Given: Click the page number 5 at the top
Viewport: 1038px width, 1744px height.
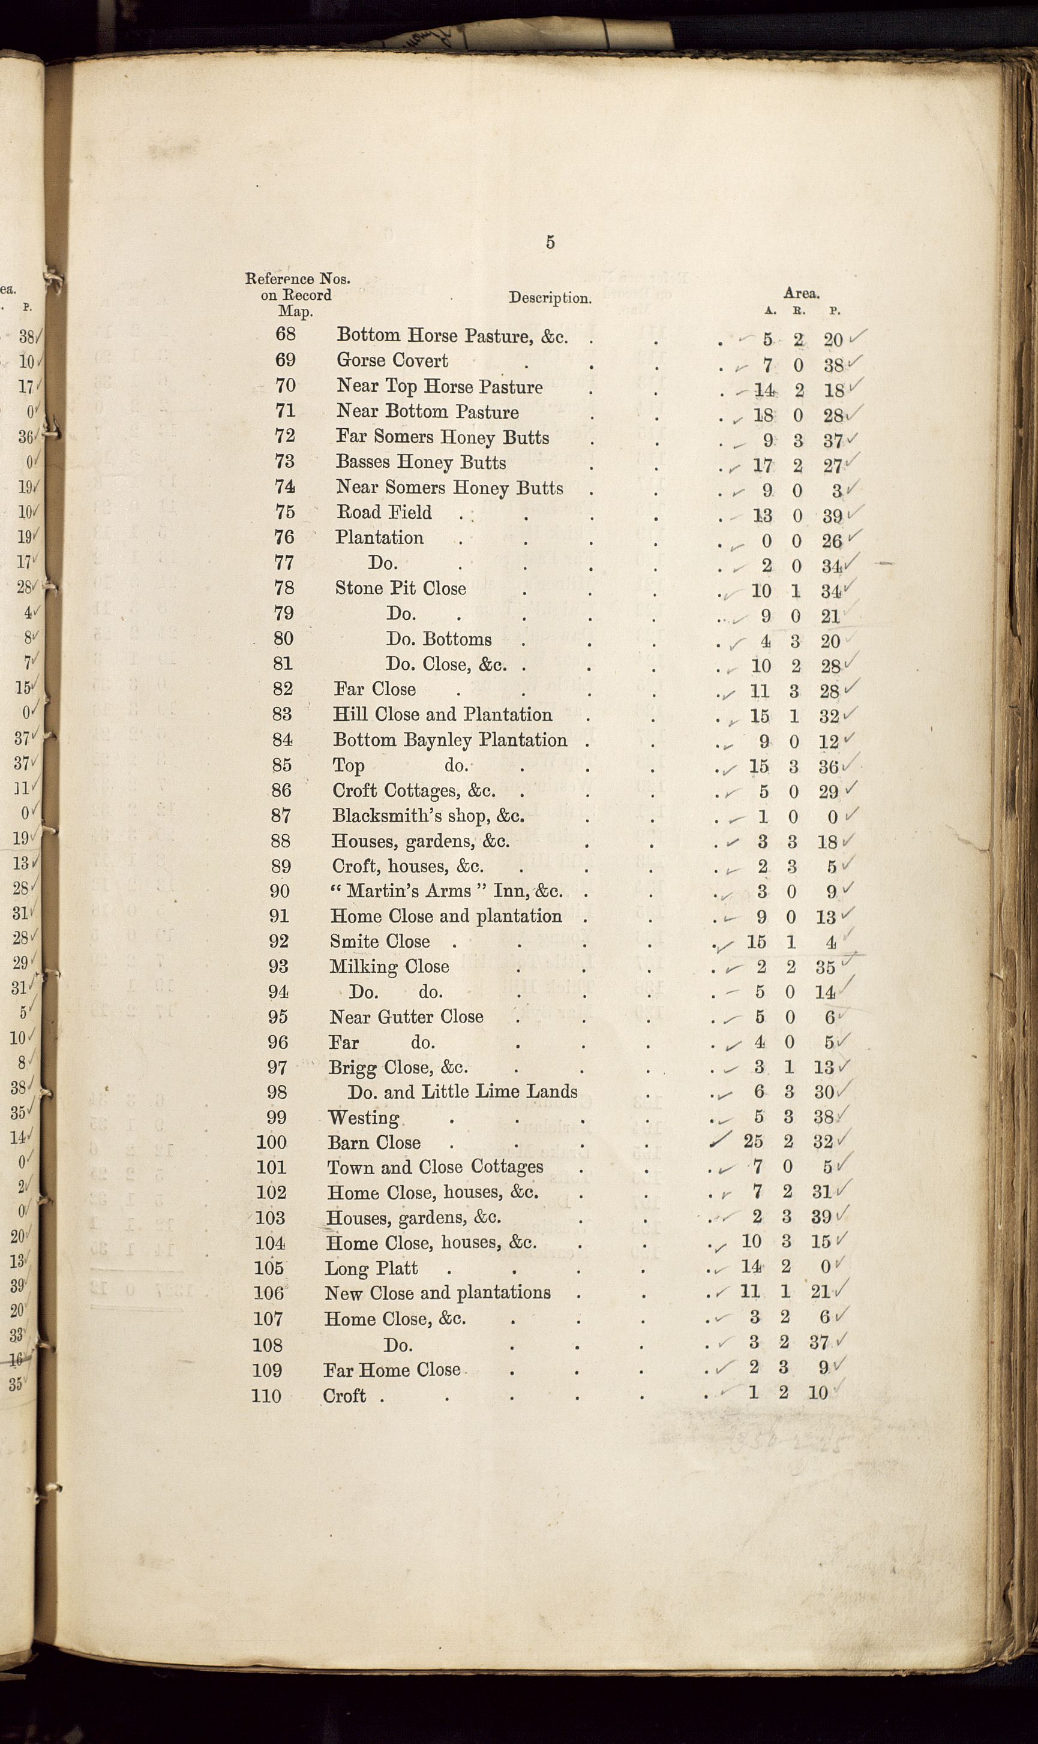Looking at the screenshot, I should tap(550, 242).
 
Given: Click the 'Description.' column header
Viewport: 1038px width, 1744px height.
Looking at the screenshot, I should tap(550, 298).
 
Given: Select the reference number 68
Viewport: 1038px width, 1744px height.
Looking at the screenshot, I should tap(286, 334).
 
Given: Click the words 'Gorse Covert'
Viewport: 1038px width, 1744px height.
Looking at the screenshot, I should tap(392, 360).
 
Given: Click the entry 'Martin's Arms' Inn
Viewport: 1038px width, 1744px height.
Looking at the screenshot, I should tap(446, 891).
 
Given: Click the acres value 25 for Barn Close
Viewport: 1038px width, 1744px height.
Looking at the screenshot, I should tap(752, 1141).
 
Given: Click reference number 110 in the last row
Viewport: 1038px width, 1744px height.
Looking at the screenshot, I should tap(266, 1396).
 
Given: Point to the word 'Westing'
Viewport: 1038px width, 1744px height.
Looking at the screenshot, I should tap(364, 1118).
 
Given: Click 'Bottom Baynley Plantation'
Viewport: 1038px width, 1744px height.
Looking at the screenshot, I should tap(450, 739).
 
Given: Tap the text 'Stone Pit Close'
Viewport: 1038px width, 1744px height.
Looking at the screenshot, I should tap(400, 588).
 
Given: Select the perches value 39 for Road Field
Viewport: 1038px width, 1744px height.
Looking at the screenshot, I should tap(832, 516).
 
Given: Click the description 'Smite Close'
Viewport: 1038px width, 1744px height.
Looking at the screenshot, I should tap(380, 942).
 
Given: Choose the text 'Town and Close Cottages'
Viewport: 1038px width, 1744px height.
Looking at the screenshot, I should tap(435, 1167).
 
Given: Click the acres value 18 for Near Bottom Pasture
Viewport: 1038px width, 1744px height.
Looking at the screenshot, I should tap(763, 415).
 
